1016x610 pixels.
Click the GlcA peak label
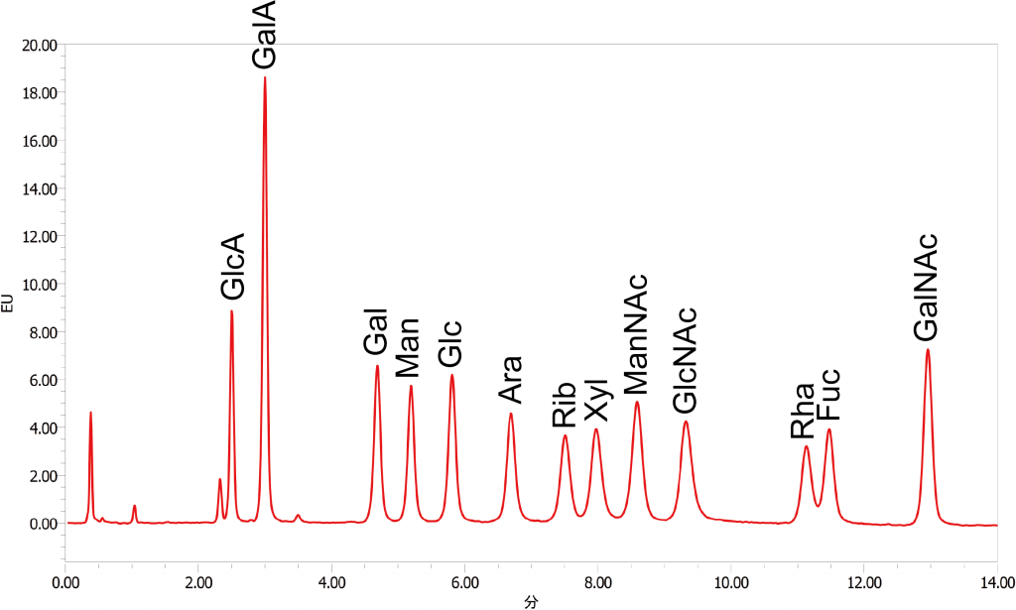click(x=232, y=266)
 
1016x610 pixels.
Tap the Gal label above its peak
click(x=375, y=331)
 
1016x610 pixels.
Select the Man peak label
click(x=408, y=348)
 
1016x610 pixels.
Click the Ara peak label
click(x=510, y=380)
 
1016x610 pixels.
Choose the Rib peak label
click(x=565, y=405)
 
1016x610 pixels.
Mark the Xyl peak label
click(x=595, y=397)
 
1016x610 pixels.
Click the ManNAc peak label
click(x=636, y=334)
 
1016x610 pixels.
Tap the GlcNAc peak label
click(x=685, y=360)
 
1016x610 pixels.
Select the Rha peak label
click(x=803, y=411)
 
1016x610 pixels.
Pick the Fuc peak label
click(x=828, y=396)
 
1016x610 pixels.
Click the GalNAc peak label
click(x=926, y=287)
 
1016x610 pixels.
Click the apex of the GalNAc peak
click(x=928, y=349)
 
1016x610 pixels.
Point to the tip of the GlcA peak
click(x=231, y=311)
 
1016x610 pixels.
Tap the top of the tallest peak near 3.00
click(x=265, y=77)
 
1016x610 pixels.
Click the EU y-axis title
click(x=8, y=304)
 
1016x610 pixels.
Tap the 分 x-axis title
click(x=531, y=601)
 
